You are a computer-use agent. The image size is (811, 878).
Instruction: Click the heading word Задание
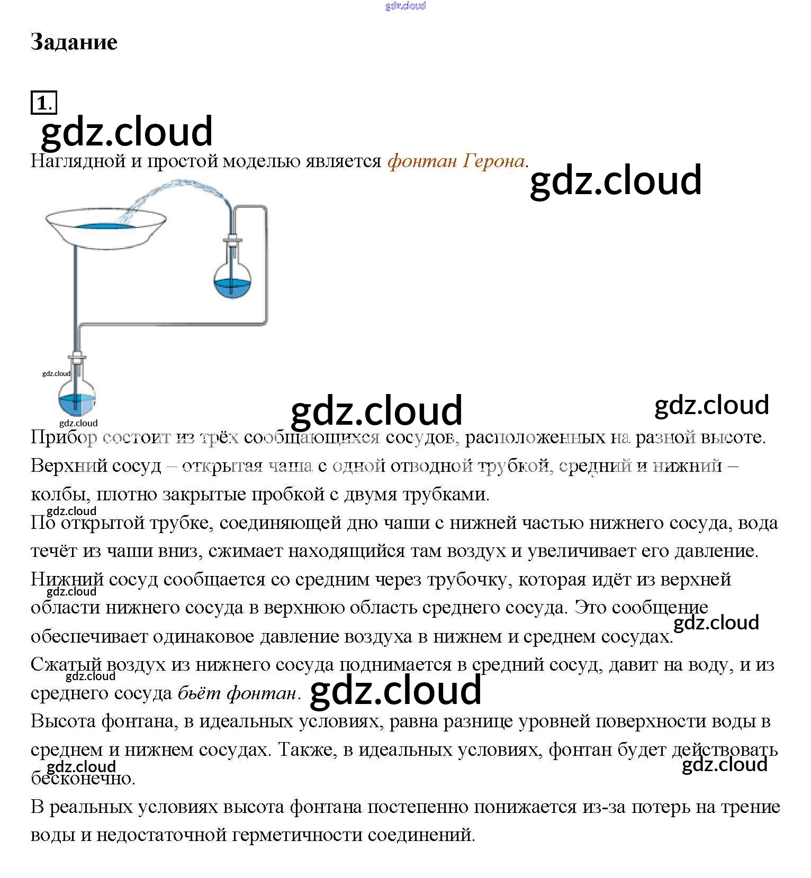tap(74, 42)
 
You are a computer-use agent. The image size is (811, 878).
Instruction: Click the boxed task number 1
tap(43, 103)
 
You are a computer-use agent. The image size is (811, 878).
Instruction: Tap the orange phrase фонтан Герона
tap(456, 161)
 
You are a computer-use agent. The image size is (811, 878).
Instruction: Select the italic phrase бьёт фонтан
tap(237, 693)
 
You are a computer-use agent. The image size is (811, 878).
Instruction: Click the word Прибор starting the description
tap(64, 437)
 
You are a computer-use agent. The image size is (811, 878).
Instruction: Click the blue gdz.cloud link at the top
tap(405, 6)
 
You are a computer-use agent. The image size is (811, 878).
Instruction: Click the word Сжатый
tap(66, 665)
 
